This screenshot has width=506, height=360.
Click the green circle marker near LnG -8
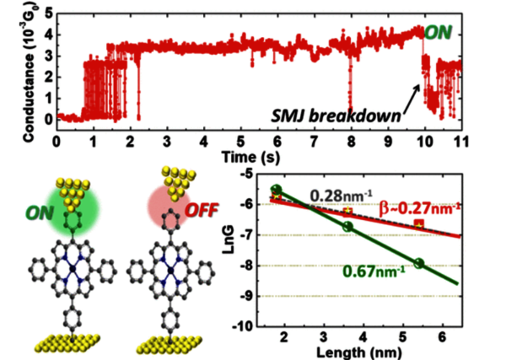(x=419, y=264)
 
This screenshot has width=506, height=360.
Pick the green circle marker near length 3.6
(x=347, y=226)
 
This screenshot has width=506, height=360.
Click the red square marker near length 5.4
(x=419, y=223)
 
